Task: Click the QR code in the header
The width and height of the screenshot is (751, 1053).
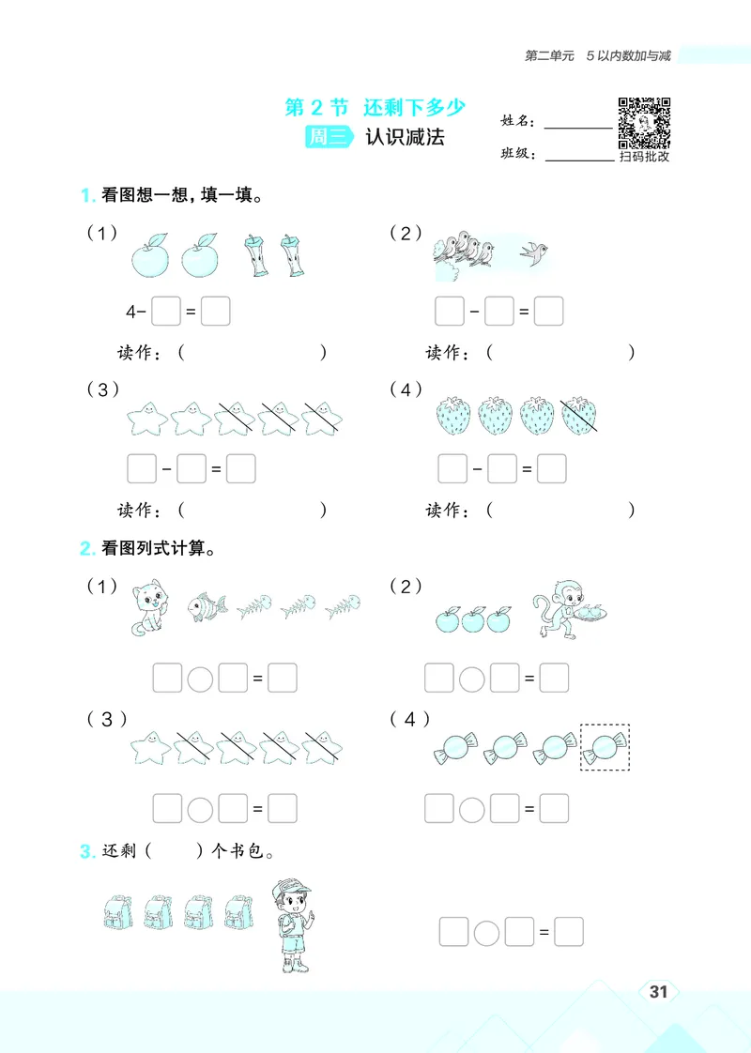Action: click(x=644, y=122)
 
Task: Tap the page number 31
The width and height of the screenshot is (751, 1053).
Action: click(x=658, y=991)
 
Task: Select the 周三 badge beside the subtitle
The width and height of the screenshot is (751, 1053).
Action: click(x=330, y=137)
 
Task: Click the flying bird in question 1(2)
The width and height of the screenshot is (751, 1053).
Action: click(x=536, y=252)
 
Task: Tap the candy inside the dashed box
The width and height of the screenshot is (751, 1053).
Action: click(x=605, y=747)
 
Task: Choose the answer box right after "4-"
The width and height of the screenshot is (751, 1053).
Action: click(x=166, y=311)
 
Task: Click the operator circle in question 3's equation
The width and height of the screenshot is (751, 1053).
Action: click(x=486, y=932)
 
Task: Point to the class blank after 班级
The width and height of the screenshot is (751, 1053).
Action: click(x=577, y=159)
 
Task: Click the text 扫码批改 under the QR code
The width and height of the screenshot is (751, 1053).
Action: click(x=644, y=157)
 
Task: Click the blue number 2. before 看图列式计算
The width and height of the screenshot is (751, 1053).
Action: click(x=86, y=548)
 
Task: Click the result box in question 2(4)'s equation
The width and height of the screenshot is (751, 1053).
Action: click(x=554, y=807)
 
